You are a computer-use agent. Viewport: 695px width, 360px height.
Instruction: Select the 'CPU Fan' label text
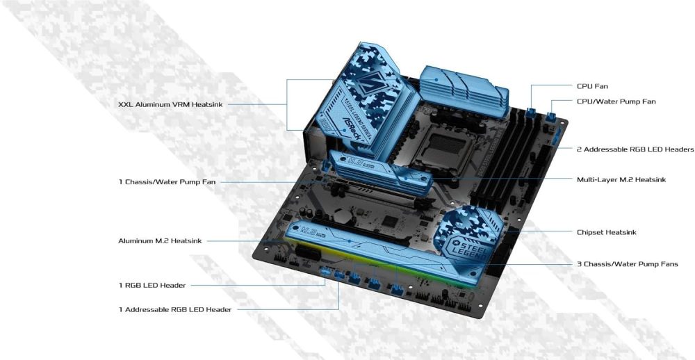point(592,86)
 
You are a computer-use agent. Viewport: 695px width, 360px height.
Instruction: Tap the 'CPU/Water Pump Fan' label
point(616,101)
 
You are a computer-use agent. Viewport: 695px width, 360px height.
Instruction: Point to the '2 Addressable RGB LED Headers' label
point(635,149)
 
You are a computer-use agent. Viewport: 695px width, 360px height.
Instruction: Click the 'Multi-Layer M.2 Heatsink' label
point(621,179)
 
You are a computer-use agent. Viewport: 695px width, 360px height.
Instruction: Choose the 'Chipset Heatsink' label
point(606,232)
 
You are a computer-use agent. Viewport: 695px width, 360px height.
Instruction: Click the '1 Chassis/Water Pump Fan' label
point(167,182)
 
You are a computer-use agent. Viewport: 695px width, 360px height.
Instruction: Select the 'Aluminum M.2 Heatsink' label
point(160,241)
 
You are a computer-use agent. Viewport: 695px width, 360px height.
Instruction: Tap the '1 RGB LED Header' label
point(152,285)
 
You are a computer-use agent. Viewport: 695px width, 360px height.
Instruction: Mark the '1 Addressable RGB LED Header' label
point(174,309)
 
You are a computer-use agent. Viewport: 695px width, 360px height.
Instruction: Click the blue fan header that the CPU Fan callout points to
point(532,113)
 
